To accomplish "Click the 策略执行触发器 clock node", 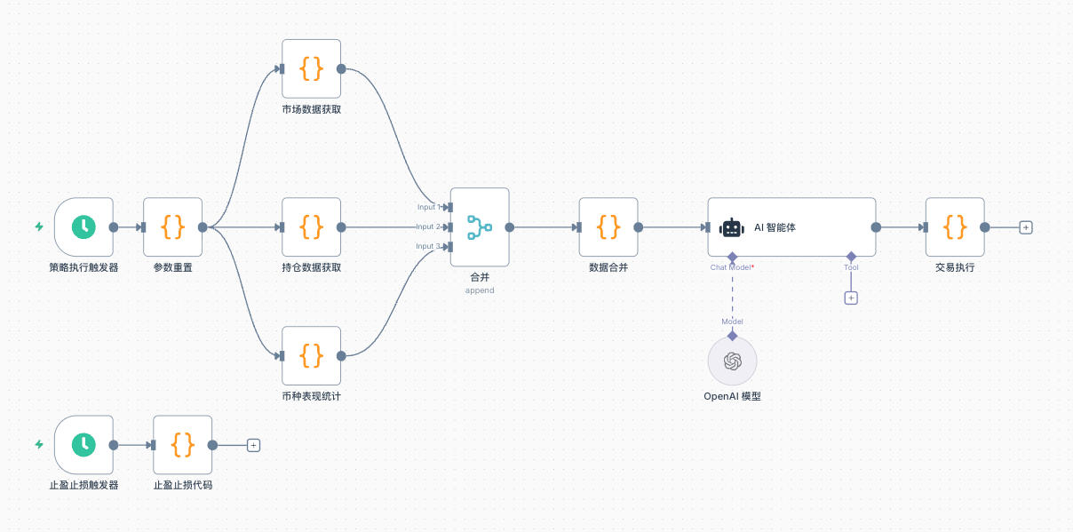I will click(x=83, y=226).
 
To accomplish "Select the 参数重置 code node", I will click(x=172, y=226).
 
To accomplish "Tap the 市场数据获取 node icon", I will click(x=311, y=68).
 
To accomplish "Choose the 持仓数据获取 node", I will click(x=311, y=226).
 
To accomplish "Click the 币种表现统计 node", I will click(x=311, y=355).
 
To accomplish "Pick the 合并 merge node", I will click(x=480, y=226).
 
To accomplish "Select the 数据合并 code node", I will click(x=608, y=226).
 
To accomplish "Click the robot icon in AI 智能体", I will click(x=731, y=227).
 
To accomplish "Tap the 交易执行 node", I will click(x=955, y=226).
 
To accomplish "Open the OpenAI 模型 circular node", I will click(x=732, y=361).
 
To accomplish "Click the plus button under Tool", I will click(x=851, y=298).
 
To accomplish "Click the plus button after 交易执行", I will click(x=1026, y=227).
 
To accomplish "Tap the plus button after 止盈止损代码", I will click(x=253, y=445).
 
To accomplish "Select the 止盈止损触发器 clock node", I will click(x=83, y=444).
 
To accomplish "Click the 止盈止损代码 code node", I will click(x=182, y=444).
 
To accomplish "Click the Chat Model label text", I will click(x=730, y=267).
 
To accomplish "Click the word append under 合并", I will click(x=480, y=290).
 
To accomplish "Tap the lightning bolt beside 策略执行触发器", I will click(x=39, y=226).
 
